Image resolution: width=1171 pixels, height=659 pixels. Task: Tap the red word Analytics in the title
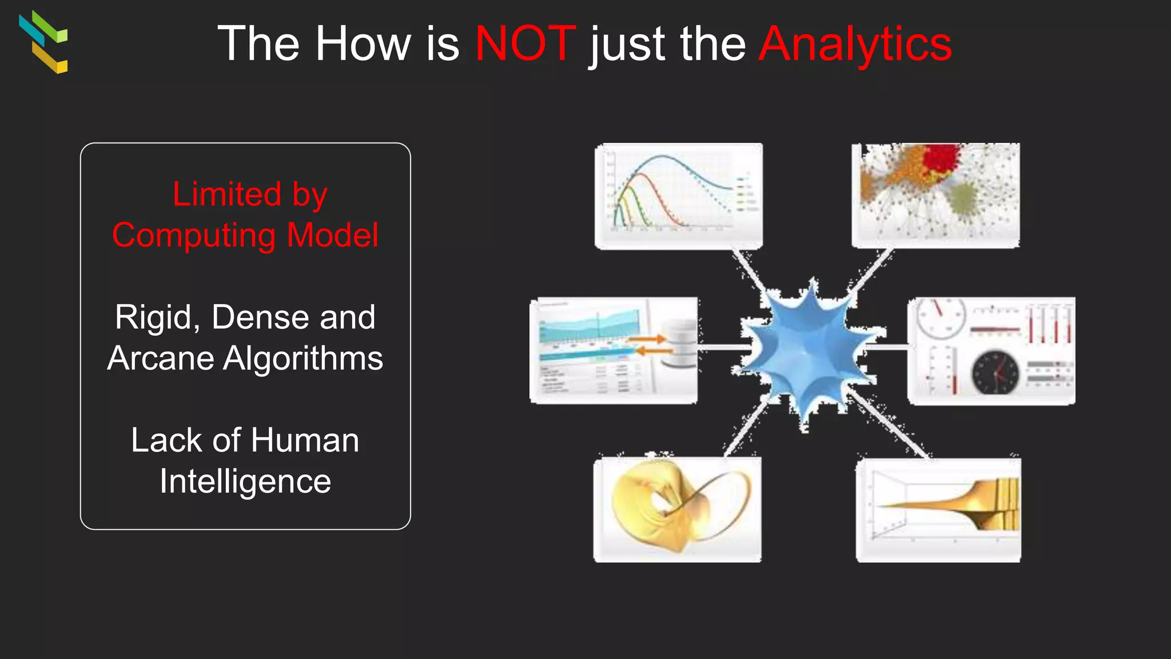coord(855,45)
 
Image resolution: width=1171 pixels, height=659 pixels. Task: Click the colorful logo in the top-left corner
coord(43,42)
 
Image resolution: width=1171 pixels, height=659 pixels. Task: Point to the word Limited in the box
coord(227,194)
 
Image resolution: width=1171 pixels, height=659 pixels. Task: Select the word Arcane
coord(161,359)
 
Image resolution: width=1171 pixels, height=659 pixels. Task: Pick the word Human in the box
coord(304,440)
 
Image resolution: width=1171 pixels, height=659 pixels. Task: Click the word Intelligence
coord(245,482)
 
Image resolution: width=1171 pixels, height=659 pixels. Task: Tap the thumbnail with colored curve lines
coord(678,196)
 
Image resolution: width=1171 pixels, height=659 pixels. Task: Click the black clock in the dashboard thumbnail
coord(995,373)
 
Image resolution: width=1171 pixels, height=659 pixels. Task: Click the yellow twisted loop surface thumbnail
coord(677,509)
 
